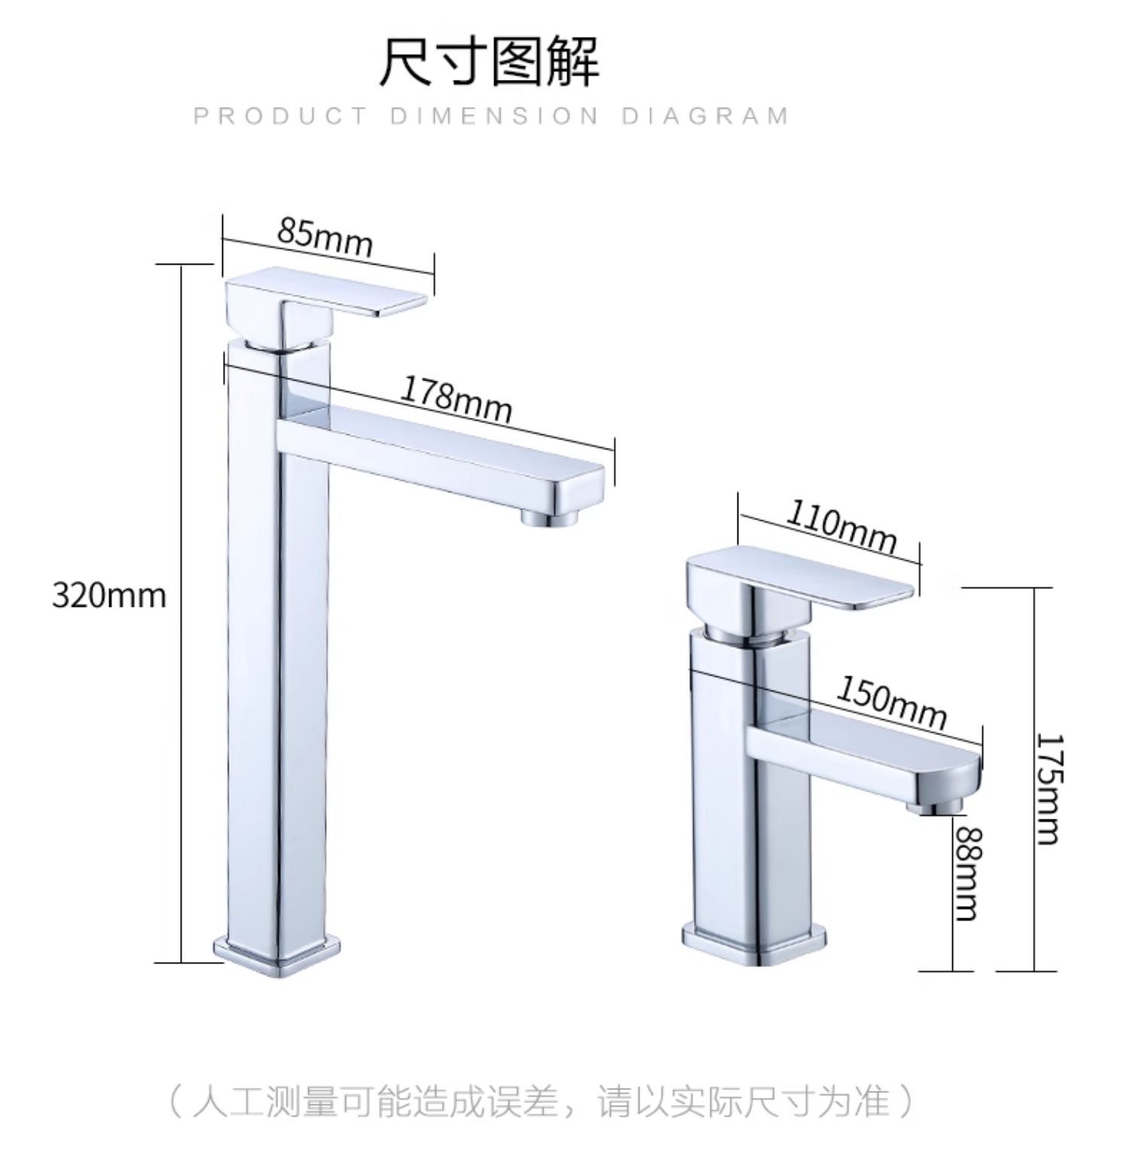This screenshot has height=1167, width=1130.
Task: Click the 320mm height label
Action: (x=109, y=596)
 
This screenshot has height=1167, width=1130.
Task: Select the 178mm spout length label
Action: (x=455, y=400)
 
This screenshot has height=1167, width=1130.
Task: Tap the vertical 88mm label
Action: (x=968, y=873)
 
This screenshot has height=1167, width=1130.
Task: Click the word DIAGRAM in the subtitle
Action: (x=705, y=116)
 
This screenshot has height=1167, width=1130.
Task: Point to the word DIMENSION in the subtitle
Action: (x=494, y=116)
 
